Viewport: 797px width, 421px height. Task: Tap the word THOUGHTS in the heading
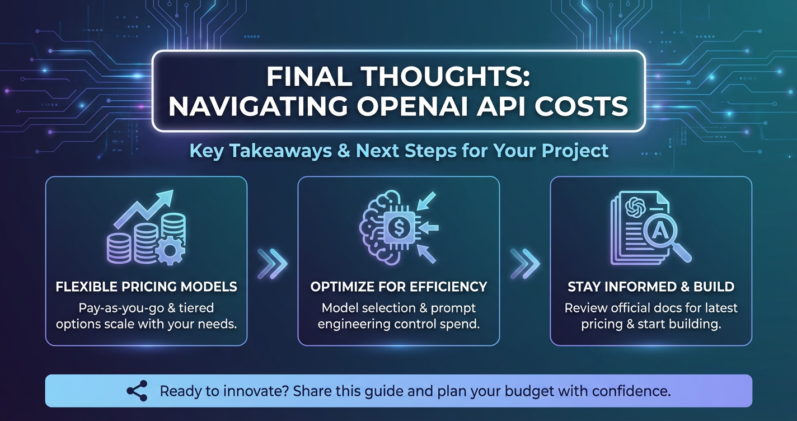tap(445, 77)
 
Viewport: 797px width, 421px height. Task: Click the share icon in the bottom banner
tap(137, 391)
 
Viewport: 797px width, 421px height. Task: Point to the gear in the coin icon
tap(170, 251)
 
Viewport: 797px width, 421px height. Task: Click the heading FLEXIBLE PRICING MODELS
tap(146, 287)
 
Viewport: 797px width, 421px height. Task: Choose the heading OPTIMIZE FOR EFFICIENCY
tap(399, 287)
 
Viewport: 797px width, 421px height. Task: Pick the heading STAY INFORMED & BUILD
tap(651, 287)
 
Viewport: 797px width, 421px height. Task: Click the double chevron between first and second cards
tap(273, 263)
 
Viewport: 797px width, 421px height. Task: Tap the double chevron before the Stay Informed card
tap(525, 263)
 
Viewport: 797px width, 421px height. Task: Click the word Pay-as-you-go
tap(121, 308)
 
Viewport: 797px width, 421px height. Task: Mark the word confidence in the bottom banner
tap(631, 391)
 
